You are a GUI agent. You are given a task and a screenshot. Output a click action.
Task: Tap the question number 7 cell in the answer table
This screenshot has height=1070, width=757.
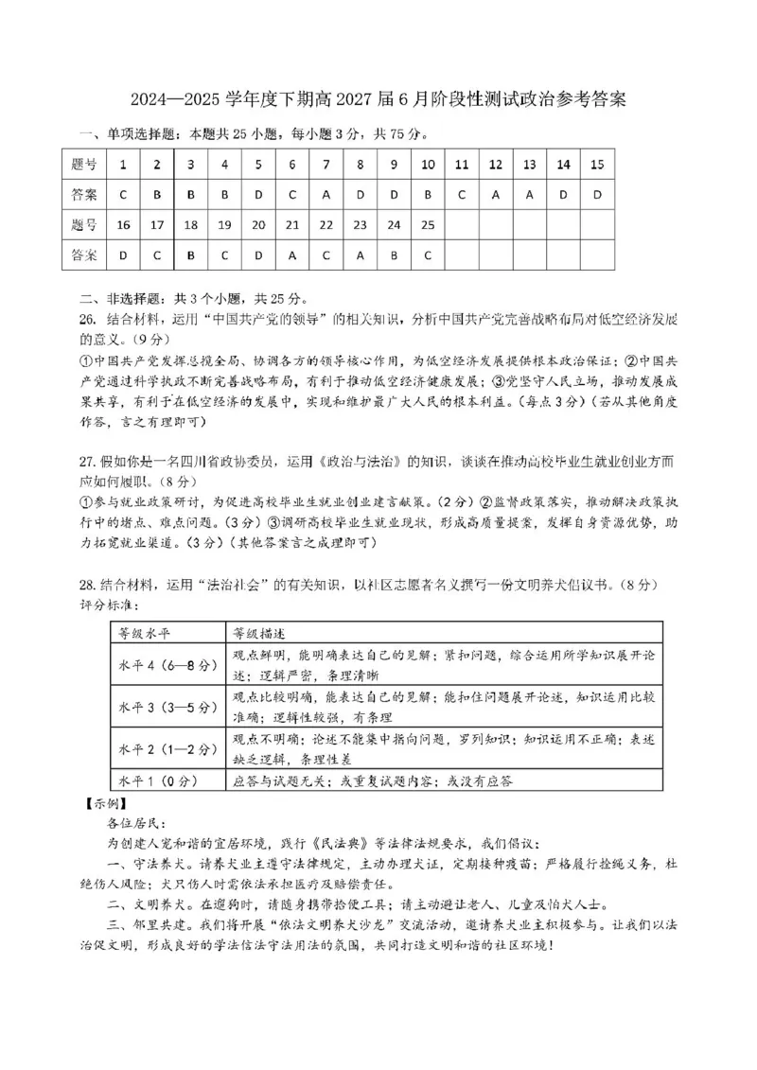tap(326, 165)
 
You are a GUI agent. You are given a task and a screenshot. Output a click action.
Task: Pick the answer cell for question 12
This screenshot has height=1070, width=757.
tap(495, 195)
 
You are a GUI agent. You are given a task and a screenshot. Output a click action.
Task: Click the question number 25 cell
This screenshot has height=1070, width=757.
tap(428, 225)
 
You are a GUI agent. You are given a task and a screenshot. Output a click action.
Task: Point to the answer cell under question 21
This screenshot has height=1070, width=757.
tap(291, 255)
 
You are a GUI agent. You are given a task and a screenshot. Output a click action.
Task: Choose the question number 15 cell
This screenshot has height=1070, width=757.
tap(596, 165)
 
